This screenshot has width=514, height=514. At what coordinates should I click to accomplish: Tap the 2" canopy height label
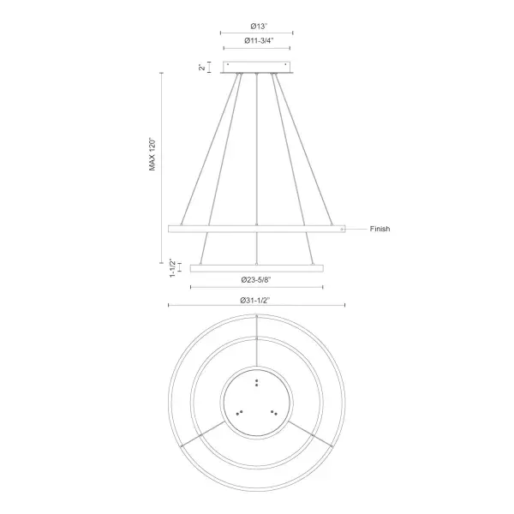click(x=203, y=68)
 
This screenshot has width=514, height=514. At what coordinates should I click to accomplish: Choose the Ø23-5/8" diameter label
click(x=257, y=280)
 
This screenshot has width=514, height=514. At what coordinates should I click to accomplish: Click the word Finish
click(x=381, y=230)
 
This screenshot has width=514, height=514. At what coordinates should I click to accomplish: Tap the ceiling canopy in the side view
click(x=257, y=67)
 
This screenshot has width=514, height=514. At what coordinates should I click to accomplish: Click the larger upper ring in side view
click(x=256, y=229)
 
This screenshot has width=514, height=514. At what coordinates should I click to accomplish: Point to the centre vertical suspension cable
click(x=257, y=154)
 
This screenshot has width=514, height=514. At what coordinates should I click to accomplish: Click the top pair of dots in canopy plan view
click(x=257, y=382)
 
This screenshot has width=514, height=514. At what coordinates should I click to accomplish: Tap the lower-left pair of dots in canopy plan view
click(x=240, y=413)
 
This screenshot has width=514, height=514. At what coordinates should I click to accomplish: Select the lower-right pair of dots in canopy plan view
click(x=274, y=413)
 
